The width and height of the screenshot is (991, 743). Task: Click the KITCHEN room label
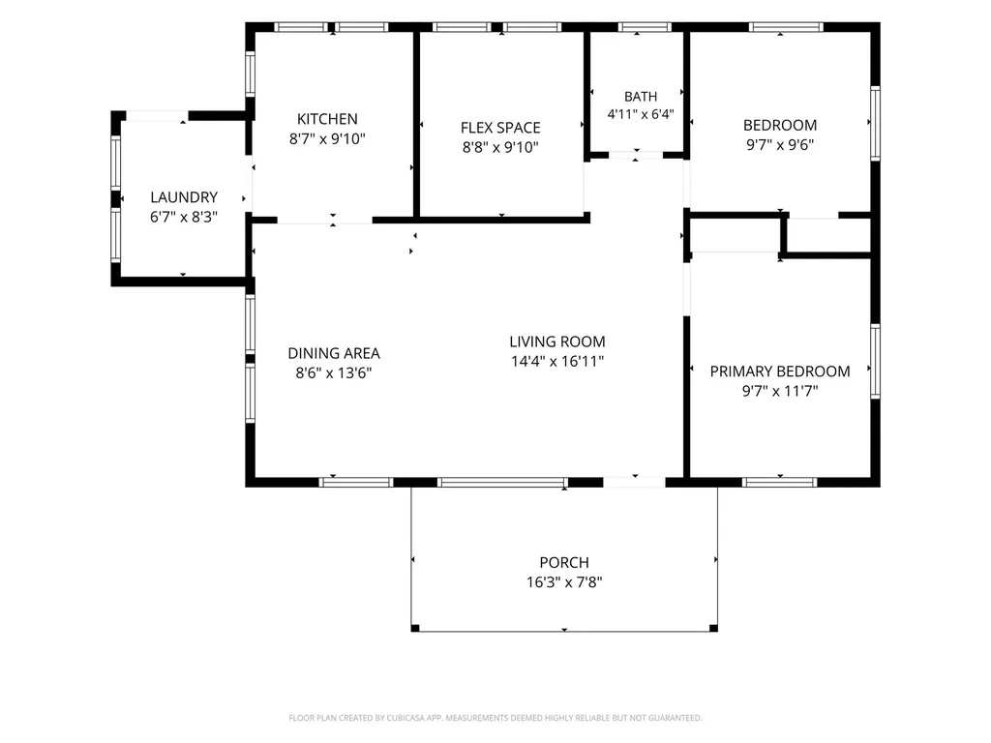[327, 119]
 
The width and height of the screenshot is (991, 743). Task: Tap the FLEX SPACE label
[500, 128]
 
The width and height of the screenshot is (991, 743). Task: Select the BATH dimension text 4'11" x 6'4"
[641, 114]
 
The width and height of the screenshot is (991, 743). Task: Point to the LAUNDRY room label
[184, 197]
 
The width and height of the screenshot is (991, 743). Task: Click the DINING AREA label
[334, 353]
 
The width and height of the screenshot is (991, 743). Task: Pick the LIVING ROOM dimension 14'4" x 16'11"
[557, 362]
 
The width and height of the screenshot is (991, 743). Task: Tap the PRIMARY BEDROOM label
[780, 371]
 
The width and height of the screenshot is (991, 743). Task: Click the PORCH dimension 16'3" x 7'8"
[564, 581]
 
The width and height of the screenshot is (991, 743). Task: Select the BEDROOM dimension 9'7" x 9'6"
[780, 145]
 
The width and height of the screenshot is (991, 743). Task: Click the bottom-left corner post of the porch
[415, 628]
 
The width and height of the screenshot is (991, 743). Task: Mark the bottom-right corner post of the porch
[713, 628]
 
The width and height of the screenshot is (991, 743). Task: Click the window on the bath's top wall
[645, 27]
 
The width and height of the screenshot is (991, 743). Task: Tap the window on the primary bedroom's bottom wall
[780, 483]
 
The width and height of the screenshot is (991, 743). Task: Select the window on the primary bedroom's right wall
[875, 362]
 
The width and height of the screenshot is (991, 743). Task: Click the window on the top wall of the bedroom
[786, 27]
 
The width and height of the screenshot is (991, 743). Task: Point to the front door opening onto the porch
[635, 483]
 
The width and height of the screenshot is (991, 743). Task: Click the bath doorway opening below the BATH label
[636, 155]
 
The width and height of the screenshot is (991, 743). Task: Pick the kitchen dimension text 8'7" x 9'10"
[327, 139]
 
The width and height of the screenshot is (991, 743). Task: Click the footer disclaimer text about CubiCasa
[495, 718]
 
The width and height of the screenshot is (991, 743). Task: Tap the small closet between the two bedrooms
[828, 236]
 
